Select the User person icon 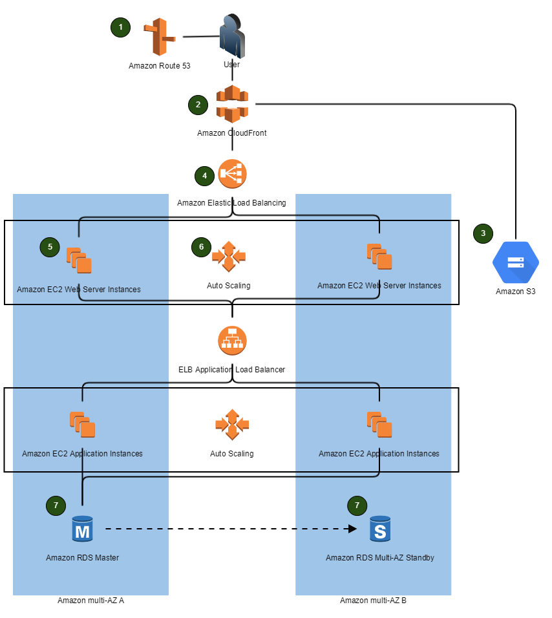click(231, 36)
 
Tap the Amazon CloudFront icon click(232, 103)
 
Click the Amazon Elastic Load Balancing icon click(232, 174)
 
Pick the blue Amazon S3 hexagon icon click(515, 262)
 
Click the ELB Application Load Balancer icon click(232, 341)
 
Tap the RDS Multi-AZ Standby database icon click(380, 529)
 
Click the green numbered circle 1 click(120, 27)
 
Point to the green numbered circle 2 click(198, 104)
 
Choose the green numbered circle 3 click(483, 233)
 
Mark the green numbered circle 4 click(204, 175)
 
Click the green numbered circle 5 click(50, 246)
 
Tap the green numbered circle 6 click(201, 246)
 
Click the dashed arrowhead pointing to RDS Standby click(352, 529)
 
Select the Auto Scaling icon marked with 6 click(229, 257)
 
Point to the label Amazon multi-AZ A click(90, 601)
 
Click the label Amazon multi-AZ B click(373, 601)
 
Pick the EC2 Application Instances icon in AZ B click(379, 425)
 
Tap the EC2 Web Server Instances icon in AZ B click(379, 257)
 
